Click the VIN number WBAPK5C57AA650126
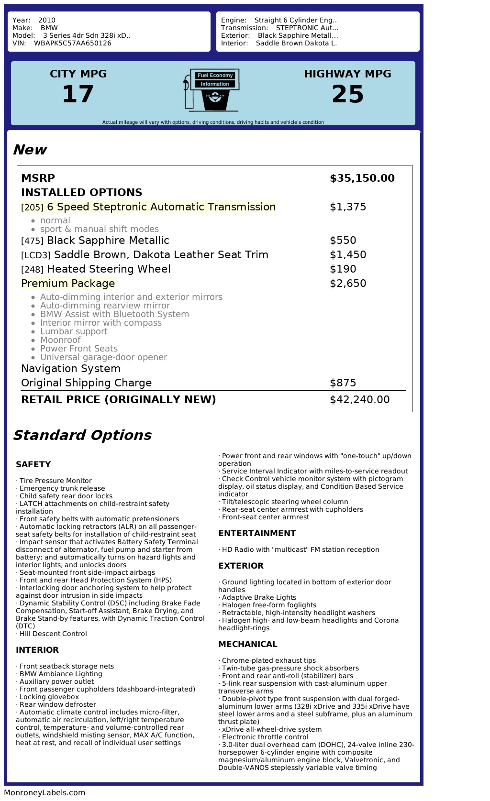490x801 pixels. point(73,43)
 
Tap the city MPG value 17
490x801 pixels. point(78,94)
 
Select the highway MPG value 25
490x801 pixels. point(347,94)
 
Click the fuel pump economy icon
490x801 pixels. point(211,90)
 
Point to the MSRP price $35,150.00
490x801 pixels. point(362,178)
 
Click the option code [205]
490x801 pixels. point(32,208)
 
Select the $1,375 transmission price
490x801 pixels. point(348,207)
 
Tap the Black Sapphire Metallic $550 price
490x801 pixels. point(343,241)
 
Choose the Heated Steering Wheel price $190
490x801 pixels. point(343,269)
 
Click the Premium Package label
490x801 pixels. point(68,284)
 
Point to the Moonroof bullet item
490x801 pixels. point(60,340)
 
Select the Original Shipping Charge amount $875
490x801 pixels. point(343,383)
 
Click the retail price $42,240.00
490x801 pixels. point(359,400)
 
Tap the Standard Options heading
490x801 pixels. point(82,435)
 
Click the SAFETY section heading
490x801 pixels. point(33,464)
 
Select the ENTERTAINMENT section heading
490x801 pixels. point(257,533)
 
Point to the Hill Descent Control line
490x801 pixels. point(53,634)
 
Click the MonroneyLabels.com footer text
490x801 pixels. point(45,792)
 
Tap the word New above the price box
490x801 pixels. point(30,150)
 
